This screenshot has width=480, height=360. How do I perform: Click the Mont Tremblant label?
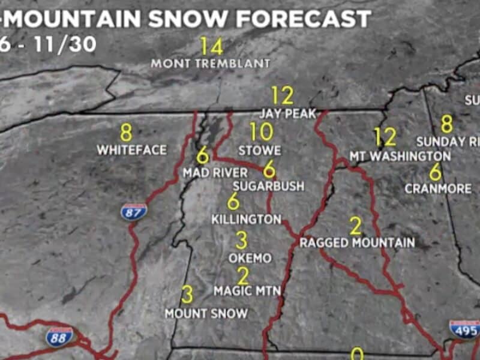pos(210,63)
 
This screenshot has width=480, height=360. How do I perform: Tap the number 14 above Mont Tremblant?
pos(212,46)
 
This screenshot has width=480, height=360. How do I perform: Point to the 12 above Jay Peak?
pos(282,95)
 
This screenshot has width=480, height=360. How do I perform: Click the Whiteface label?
pos(132,150)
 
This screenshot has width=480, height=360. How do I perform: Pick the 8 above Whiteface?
pos(126,131)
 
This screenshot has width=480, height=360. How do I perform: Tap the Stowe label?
pos(259,149)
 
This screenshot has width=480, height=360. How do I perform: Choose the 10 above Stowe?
pos(262,131)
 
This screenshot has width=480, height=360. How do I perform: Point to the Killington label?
pos(246,220)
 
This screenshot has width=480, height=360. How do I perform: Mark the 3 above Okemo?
pos(241,241)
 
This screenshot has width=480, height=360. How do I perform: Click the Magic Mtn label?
pos(247,291)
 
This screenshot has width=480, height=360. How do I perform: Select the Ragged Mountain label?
pos(357,243)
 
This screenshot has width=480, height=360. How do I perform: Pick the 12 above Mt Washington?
pos(385,137)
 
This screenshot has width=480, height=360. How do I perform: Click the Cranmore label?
pos(438,188)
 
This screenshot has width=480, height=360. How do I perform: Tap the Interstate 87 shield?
pos(133,211)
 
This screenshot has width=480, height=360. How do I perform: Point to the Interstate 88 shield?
pos(60,336)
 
